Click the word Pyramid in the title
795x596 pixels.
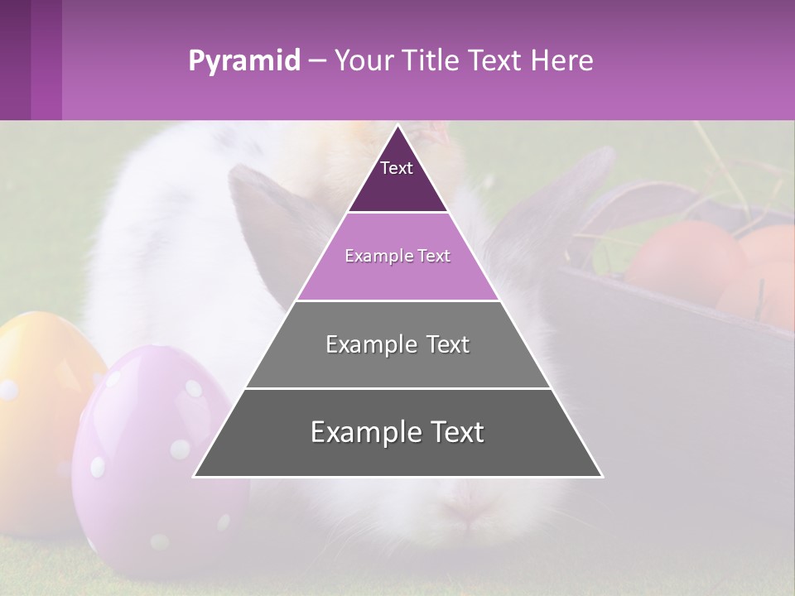(x=243, y=61)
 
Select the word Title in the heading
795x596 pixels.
(x=433, y=60)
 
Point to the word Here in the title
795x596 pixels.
(x=563, y=60)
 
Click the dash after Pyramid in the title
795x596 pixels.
(x=316, y=61)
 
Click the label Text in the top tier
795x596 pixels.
(x=397, y=168)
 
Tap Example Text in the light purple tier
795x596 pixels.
(x=397, y=256)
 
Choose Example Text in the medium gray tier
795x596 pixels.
(x=397, y=344)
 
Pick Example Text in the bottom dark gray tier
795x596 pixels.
(x=397, y=432)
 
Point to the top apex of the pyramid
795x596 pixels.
(x=397, y=126)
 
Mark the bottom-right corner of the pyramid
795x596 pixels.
(x=601, y=476)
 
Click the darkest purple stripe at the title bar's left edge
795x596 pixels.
(x=15, y=60)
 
